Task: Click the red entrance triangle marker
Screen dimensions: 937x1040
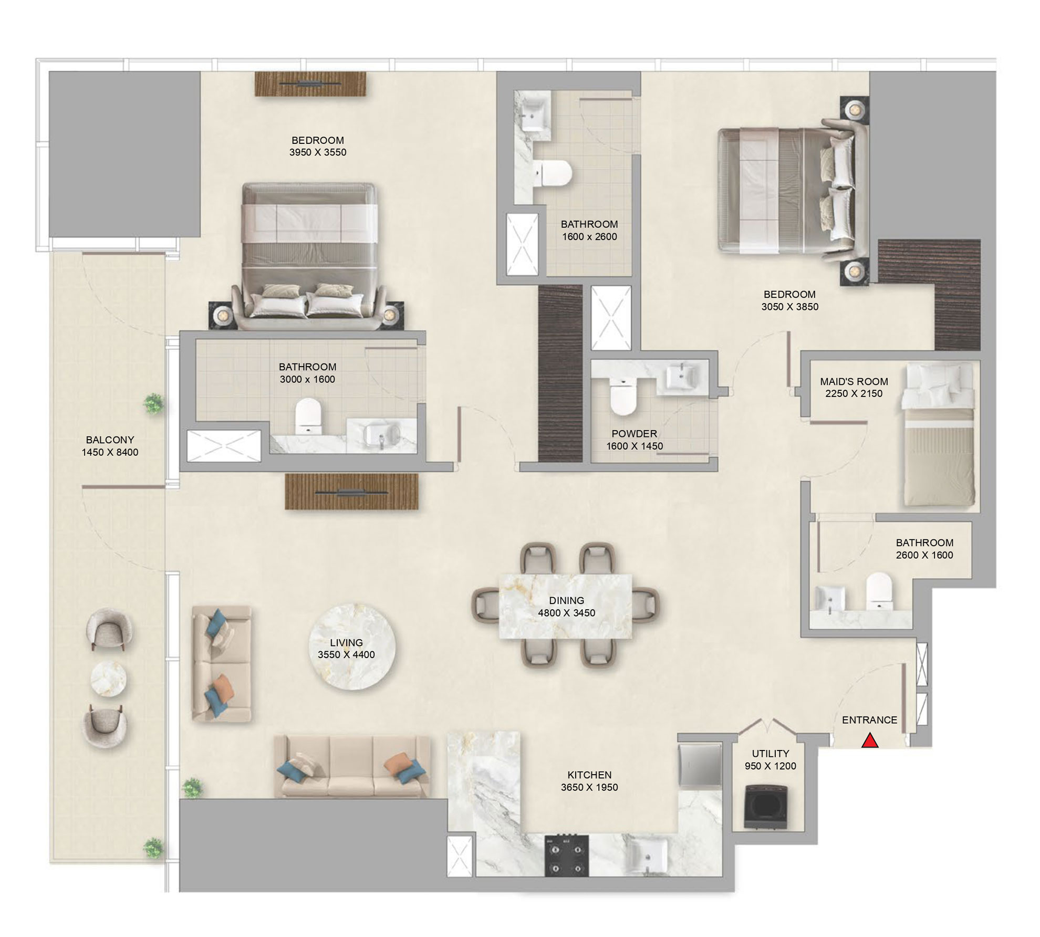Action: click(x=870, y=741)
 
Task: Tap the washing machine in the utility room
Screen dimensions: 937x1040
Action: click(x=767, y=807)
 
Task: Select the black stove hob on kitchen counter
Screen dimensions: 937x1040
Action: click(x=566, y=855)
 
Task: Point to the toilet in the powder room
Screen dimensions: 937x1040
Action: click(x=623, y=397)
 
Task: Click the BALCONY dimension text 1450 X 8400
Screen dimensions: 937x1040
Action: click(x=110, y=452)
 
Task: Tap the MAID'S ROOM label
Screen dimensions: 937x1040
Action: click(x=854, y=381)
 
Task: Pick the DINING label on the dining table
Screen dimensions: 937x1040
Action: click(x=566, y=600)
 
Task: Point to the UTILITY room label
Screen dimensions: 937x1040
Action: click(x=770, y=753)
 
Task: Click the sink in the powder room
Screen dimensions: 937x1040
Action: click(x=682, y=376)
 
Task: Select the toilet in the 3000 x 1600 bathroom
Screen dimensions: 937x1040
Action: click(x=308, y=415)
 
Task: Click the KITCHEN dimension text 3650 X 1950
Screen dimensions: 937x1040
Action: click(x=589, y=787)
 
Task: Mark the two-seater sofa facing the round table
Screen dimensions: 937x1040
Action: click(x=221, y=663)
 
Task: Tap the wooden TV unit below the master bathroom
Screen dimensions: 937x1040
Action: click(x=351, y=491)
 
